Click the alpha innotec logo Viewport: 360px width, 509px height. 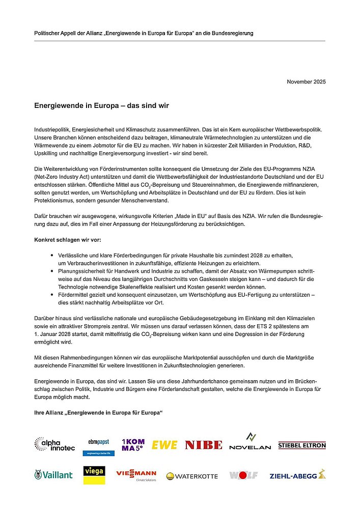[54, 444]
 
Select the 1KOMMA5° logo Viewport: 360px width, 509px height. [133, 444]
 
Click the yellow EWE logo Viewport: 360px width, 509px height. [164, 445]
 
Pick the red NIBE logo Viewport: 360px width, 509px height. [203, 445]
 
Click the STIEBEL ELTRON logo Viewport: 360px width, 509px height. [302, 445]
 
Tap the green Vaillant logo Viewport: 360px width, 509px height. [53, 475]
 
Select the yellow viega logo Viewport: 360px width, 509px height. [94, 475]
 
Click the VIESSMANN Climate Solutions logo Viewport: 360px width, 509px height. [136, 475]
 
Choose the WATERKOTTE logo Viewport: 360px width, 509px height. [192, 476]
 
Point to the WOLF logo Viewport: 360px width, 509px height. [243, 475]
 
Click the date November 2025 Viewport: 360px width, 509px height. [306, 82]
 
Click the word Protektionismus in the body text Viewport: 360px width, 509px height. [57, 194]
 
